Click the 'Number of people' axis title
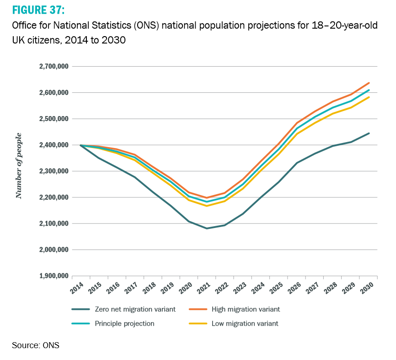19,166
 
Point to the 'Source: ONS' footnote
36,345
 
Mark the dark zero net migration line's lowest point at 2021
207,228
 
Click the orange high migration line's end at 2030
369,83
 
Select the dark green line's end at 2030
369,133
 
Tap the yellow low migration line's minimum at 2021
207,206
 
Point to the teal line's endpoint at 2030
369,90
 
